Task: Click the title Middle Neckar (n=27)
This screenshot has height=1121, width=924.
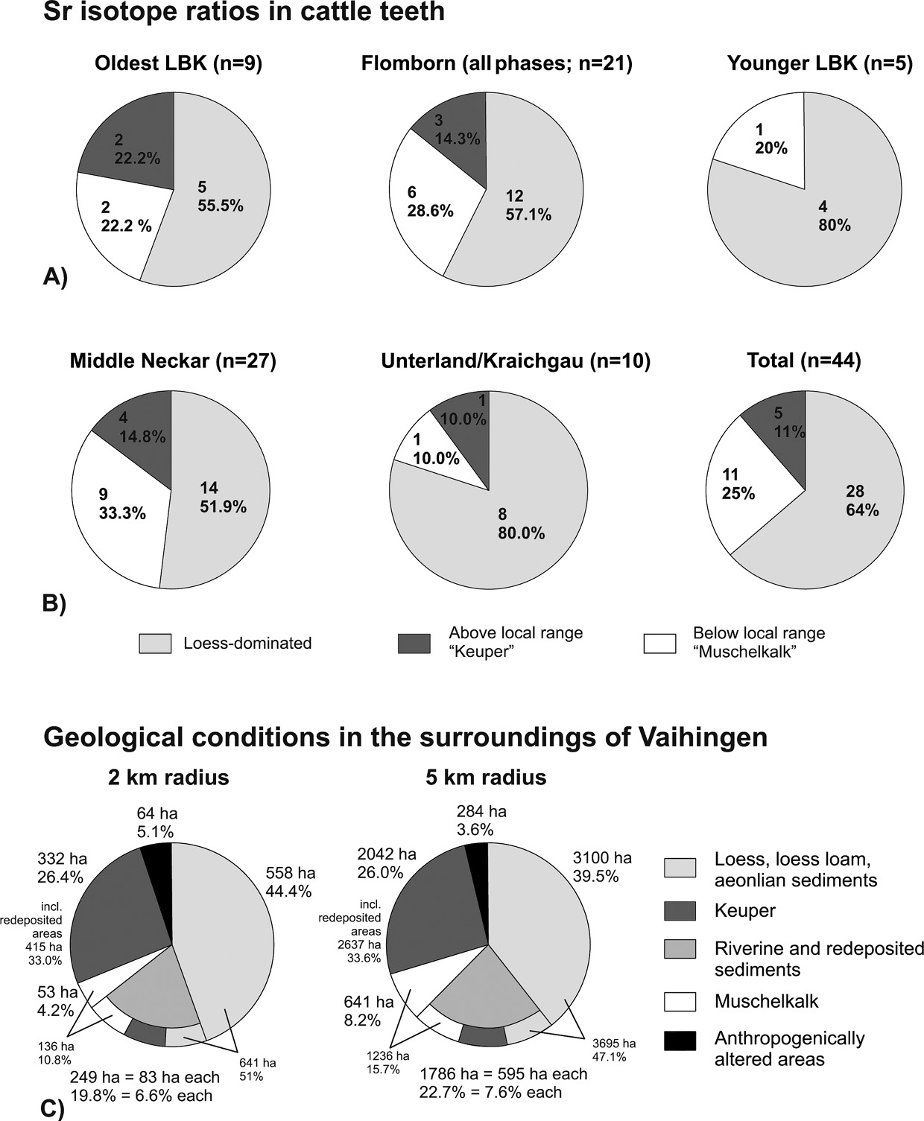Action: [x=173, y=361]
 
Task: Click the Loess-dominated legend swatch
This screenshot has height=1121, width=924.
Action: [x=155, y=644]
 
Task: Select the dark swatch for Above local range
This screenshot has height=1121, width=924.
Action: [x=415, y=644]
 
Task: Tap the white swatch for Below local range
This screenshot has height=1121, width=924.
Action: [x=659, y=644]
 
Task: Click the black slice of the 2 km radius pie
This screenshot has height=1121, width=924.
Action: [x=159, y=858]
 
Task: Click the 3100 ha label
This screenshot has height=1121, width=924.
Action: [x=601, y=858]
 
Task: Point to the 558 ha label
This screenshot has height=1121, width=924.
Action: [x=290, y=873]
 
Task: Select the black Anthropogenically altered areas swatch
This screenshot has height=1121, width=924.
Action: [x=679, y=1041]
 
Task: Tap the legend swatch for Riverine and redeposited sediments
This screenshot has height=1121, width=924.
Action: [x=679, y=949]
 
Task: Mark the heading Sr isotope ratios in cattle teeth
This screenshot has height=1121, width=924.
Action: [x=244, y=13]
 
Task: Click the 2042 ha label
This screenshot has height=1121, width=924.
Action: [x=386, y=854]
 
